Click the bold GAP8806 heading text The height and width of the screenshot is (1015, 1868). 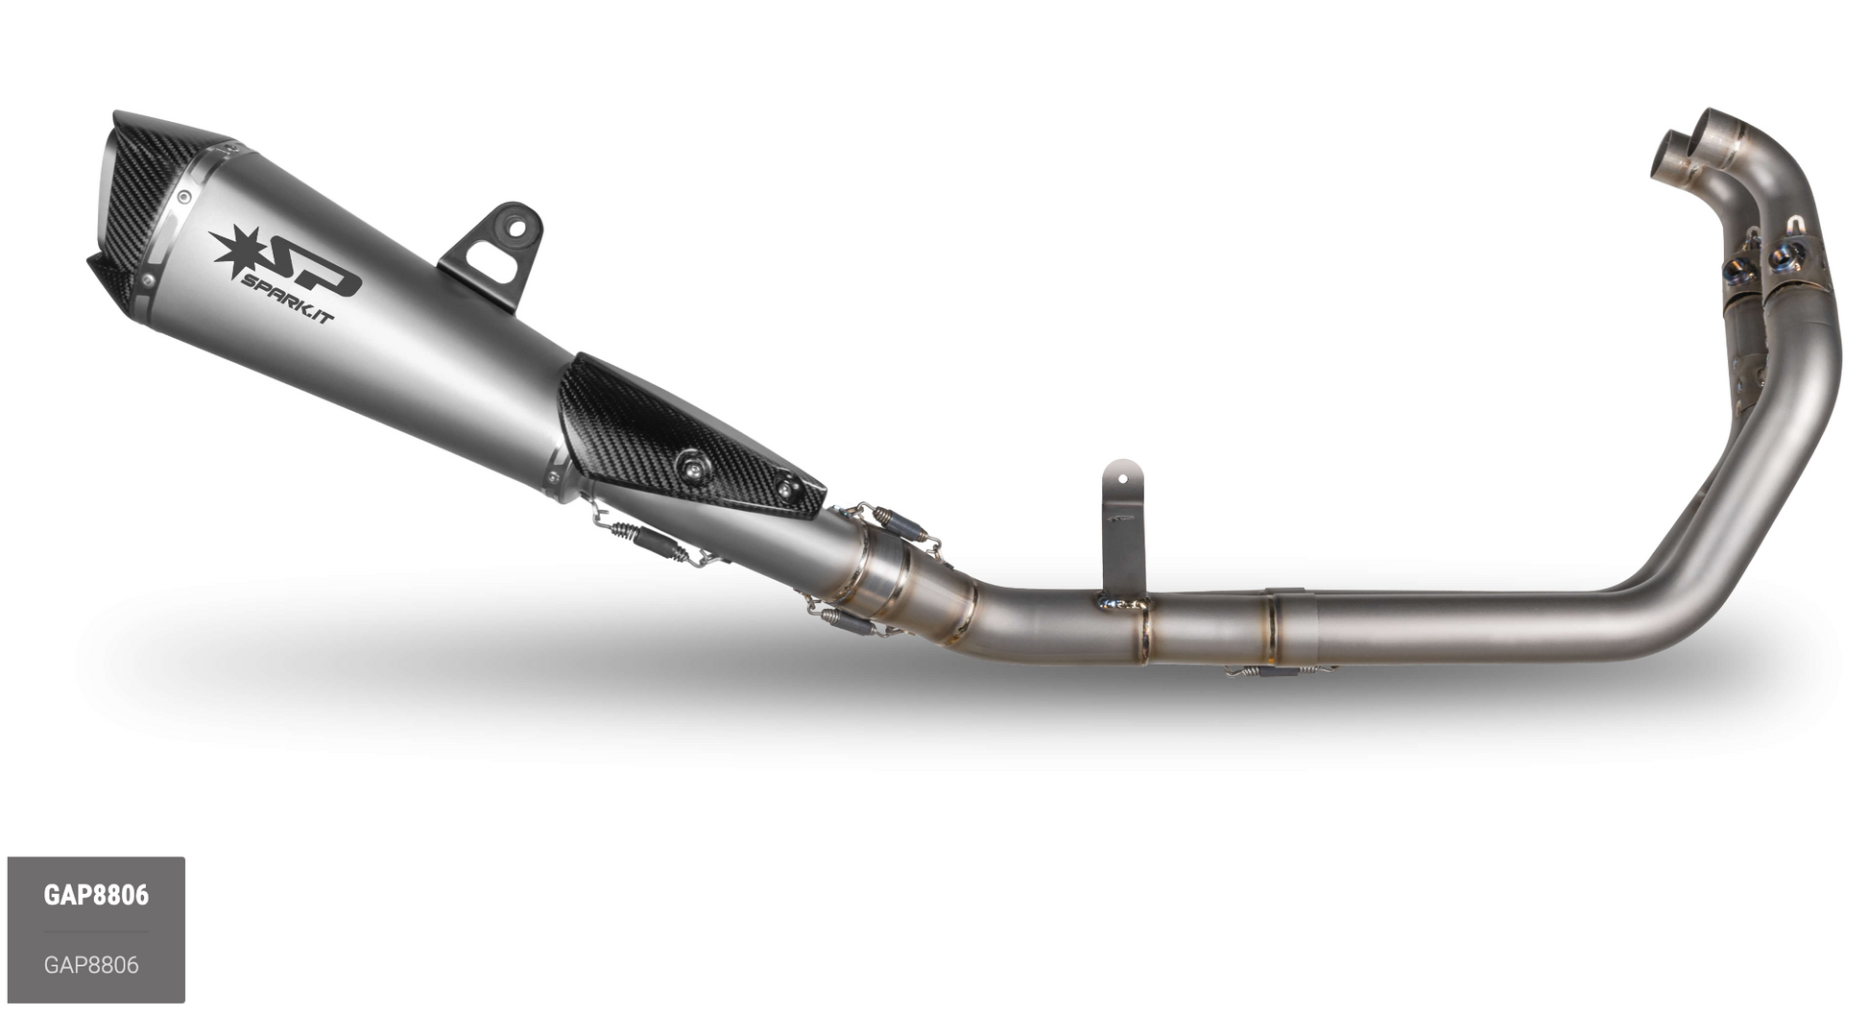pyautogui.click(x=96, y=895)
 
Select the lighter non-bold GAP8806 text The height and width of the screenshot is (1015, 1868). pyautogui.click(x=91, y=964)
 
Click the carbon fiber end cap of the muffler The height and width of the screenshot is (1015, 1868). pyautogui.click(x=144, y=202)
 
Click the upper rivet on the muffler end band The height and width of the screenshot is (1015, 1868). pyautogui.click(x=183, y=198)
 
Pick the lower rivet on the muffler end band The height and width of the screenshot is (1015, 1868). pyautogui.click(x=147, y=280)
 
